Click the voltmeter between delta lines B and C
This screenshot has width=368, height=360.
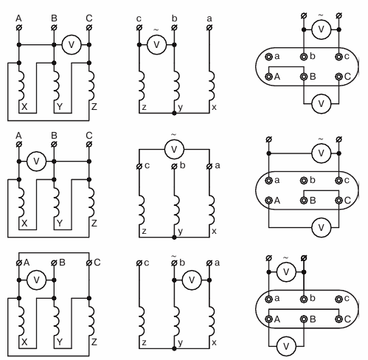72,45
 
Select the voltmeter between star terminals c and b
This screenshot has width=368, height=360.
156,45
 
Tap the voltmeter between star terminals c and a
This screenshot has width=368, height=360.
174,149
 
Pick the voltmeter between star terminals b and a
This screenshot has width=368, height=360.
192,280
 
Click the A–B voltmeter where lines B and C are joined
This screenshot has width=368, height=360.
36,162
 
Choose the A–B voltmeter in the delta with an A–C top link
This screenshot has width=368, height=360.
36,280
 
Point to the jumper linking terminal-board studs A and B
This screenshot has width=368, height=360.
286,66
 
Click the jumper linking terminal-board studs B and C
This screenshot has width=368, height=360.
322,190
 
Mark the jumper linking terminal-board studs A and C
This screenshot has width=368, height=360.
304,309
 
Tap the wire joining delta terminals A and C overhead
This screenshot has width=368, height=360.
54,252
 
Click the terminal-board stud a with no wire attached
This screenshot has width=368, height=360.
269,57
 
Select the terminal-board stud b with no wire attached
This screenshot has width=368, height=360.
304,181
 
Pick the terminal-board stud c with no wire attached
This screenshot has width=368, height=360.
339,299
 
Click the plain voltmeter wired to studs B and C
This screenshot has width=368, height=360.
322,104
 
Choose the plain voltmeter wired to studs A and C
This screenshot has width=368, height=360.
322,227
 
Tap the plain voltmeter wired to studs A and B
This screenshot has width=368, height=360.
286,346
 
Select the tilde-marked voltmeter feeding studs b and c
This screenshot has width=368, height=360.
322,30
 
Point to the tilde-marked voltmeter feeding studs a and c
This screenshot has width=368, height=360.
322,153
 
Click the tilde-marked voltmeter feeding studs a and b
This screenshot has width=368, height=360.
286,272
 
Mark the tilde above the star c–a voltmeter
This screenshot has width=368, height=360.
174,135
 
